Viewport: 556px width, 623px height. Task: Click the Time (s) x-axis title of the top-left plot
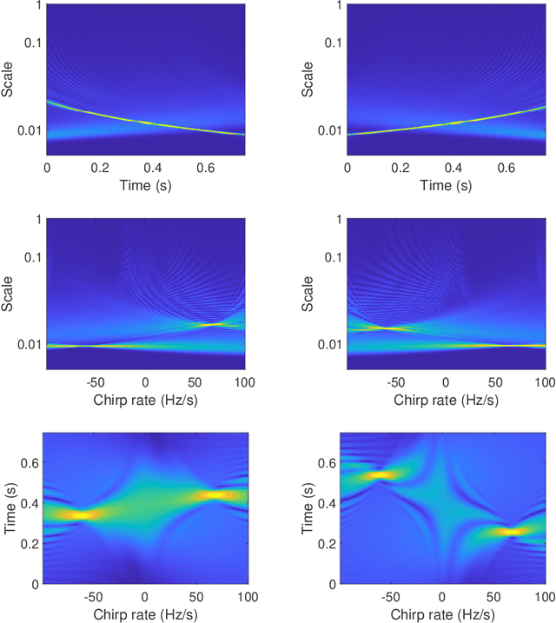pos(145,186)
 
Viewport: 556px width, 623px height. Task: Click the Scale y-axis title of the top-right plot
pos(311,78)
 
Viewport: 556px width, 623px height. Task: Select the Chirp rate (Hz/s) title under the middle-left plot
pos(145,400)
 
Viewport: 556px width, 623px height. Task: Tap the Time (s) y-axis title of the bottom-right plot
pos(311,507)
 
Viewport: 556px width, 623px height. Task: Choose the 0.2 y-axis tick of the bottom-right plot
pos(332,542)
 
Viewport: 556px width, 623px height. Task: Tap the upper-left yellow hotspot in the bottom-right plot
pos(384,475)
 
